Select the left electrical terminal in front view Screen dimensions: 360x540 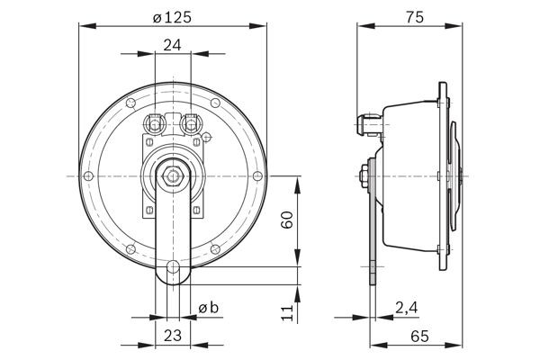155,121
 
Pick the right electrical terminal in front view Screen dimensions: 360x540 190,121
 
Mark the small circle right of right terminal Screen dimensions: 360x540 207,137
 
